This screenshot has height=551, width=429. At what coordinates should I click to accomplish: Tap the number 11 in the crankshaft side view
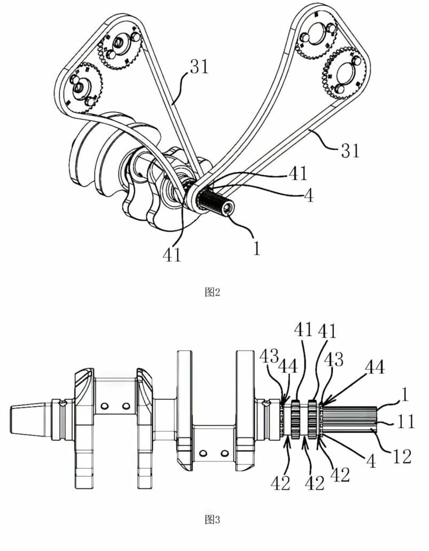click(406, 422)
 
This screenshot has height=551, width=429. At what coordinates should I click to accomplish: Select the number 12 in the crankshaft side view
click(402, 457)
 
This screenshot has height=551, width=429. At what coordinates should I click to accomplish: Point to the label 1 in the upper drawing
click(258, 249)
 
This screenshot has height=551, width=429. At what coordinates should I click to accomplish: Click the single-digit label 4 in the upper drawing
click(308, 196)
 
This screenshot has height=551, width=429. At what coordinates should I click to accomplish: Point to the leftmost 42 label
click(280, 483)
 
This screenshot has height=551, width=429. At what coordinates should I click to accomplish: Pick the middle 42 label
click(315, 483)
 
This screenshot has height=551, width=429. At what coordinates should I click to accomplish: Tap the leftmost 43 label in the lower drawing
click(269, 356)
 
